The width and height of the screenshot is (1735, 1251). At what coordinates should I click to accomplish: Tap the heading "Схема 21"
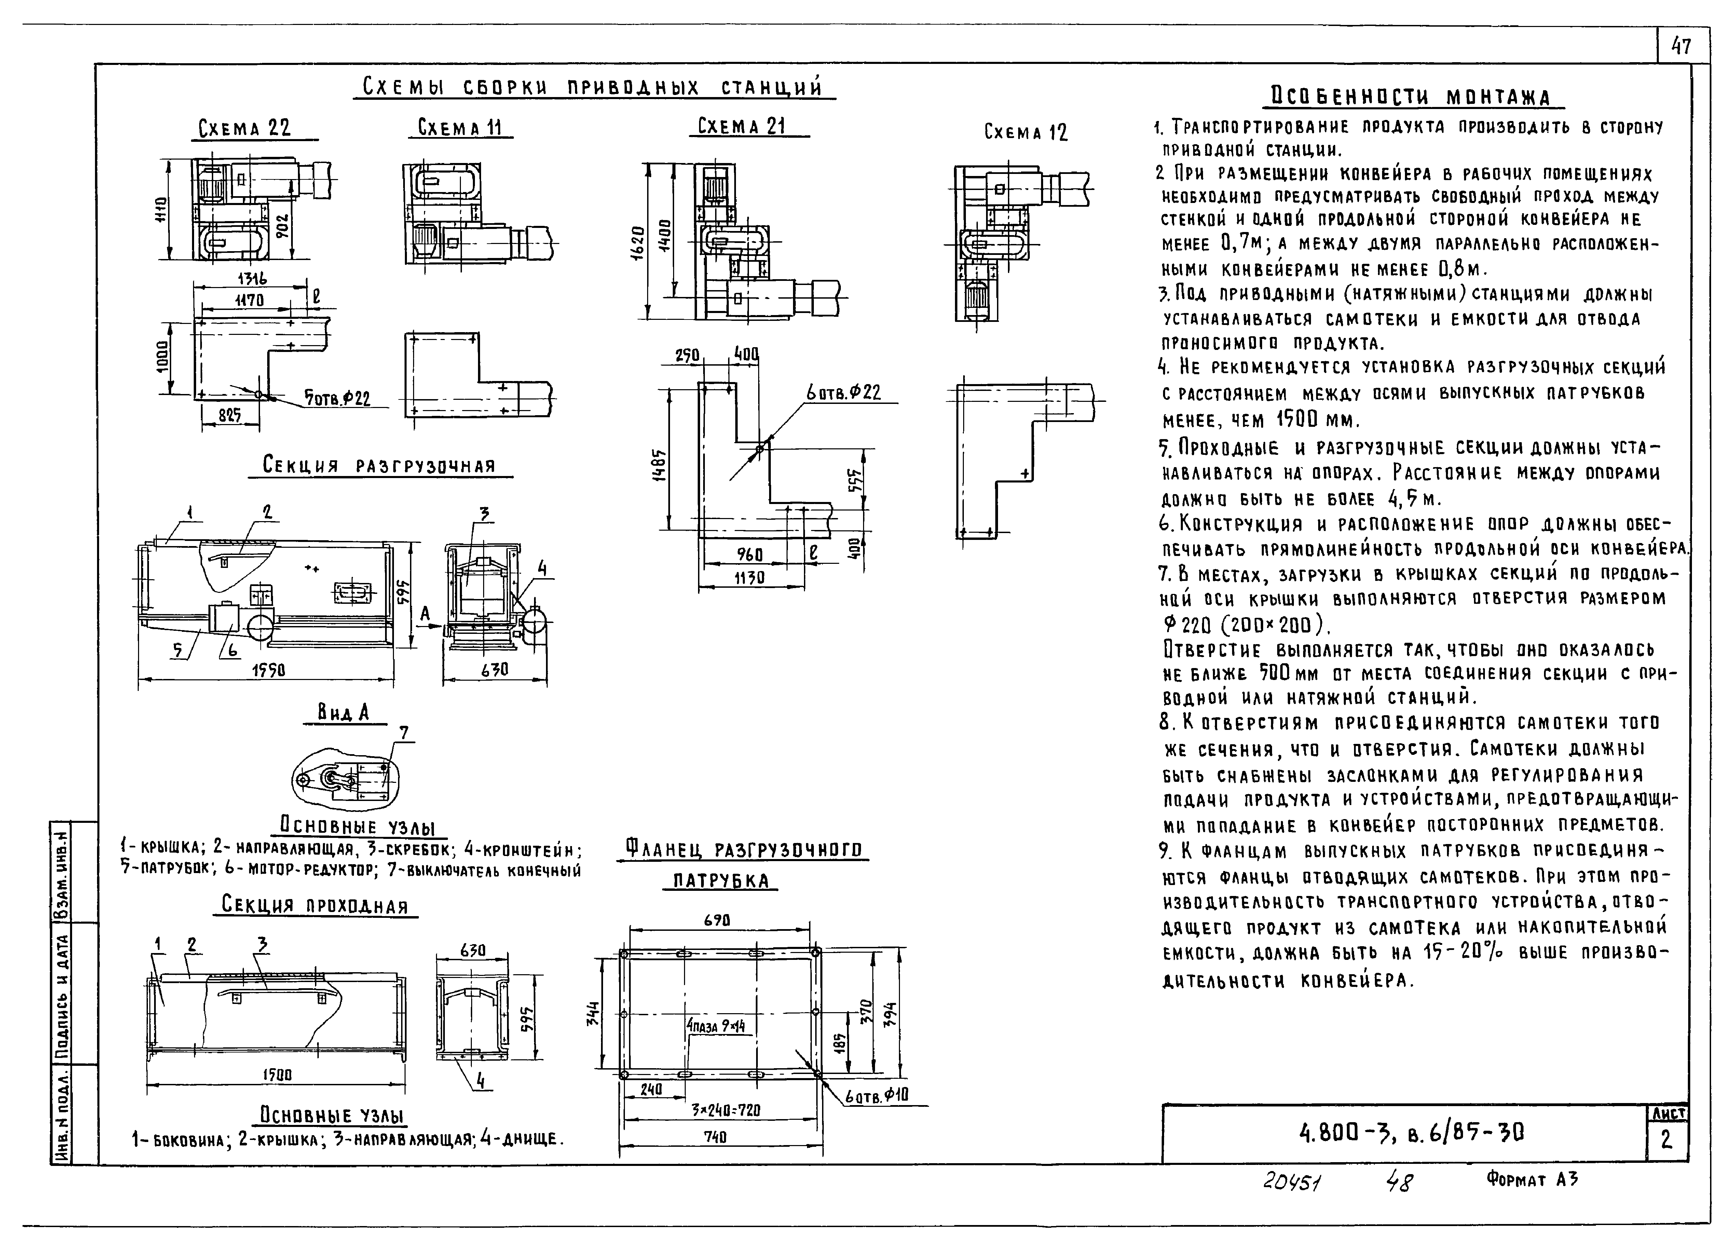(x=741, y=125)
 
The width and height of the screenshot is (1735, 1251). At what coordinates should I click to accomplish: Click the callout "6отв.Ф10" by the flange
(x=877, y=1097)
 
